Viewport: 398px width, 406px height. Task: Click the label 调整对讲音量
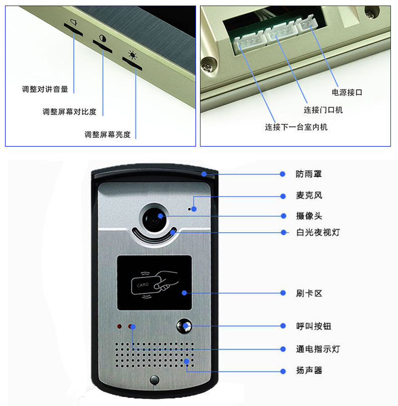tap(45, 89)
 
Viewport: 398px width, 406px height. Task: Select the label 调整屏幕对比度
tap(70, 112)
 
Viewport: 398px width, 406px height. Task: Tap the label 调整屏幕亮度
tap(107, 134)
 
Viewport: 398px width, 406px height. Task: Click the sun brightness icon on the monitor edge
tap(132, 55)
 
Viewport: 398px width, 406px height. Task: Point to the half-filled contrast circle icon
tap(103, 39)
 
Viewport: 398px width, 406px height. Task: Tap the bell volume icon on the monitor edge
tap(74, 23)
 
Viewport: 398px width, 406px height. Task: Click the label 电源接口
tap(347, 93)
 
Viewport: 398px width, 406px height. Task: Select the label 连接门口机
tap(323, 110)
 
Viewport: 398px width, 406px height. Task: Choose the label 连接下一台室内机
tap(296, 127)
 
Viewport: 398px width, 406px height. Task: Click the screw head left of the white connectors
tap(209, 65)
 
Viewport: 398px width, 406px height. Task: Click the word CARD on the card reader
tap(143, 285)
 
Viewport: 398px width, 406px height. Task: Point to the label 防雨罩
tap(309, 174)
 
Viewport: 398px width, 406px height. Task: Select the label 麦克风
tap(309, 195)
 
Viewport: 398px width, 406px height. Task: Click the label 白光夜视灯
tap(318, 232)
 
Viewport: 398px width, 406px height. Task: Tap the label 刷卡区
tap(309, 293)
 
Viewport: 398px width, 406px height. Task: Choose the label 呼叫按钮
tap(313, 326)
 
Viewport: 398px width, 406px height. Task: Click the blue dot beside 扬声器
tap(283, 372)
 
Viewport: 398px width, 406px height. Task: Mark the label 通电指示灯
tap(318, 349)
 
